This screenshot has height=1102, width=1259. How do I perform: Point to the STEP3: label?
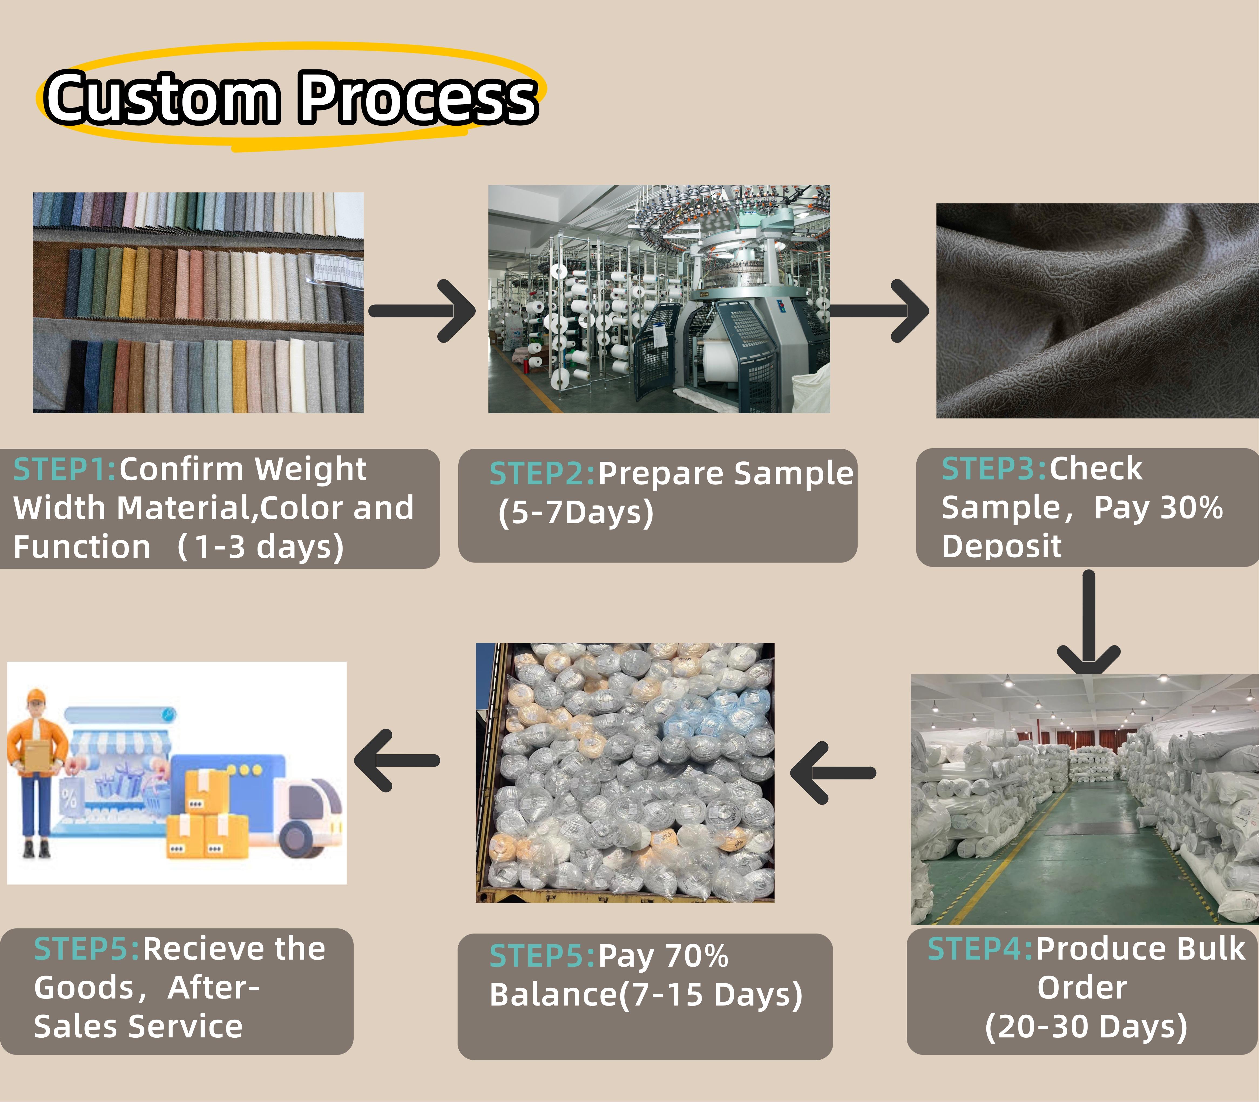click(x=994, y=468)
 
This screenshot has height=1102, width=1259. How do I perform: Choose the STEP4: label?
click(x=980, y=949)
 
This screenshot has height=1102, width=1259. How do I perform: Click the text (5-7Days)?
click(x=576, y=513)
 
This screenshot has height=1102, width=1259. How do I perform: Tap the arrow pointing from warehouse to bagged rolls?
click(x=832, y=773)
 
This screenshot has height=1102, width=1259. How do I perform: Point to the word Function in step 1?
click(x=82, y=547)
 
